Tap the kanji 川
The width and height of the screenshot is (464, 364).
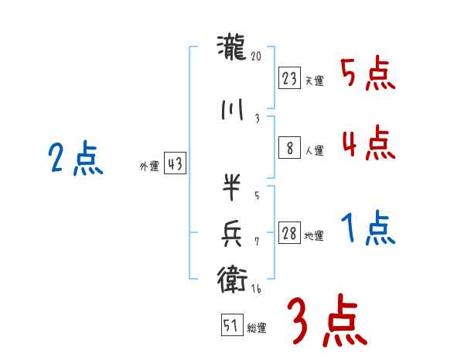(x=232, y=111)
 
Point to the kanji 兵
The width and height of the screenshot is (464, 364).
(x=232, y=232)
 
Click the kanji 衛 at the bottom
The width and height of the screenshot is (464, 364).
(x=232, y=276)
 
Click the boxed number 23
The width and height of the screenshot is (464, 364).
(x=289, y=79)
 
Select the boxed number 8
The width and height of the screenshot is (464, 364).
(x=289, y=149)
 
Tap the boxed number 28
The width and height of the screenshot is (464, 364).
(x=289, y=234)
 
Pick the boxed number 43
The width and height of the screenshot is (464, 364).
(x=175, y=164)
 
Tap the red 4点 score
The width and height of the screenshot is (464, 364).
(x=367, y=143)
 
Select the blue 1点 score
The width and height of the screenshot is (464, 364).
(x=368, y=228)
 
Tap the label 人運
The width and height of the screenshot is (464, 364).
(x=314, y=151)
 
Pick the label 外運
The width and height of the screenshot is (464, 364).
(x=149, y=167)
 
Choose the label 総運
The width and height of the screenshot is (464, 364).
(x=256, y=328)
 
